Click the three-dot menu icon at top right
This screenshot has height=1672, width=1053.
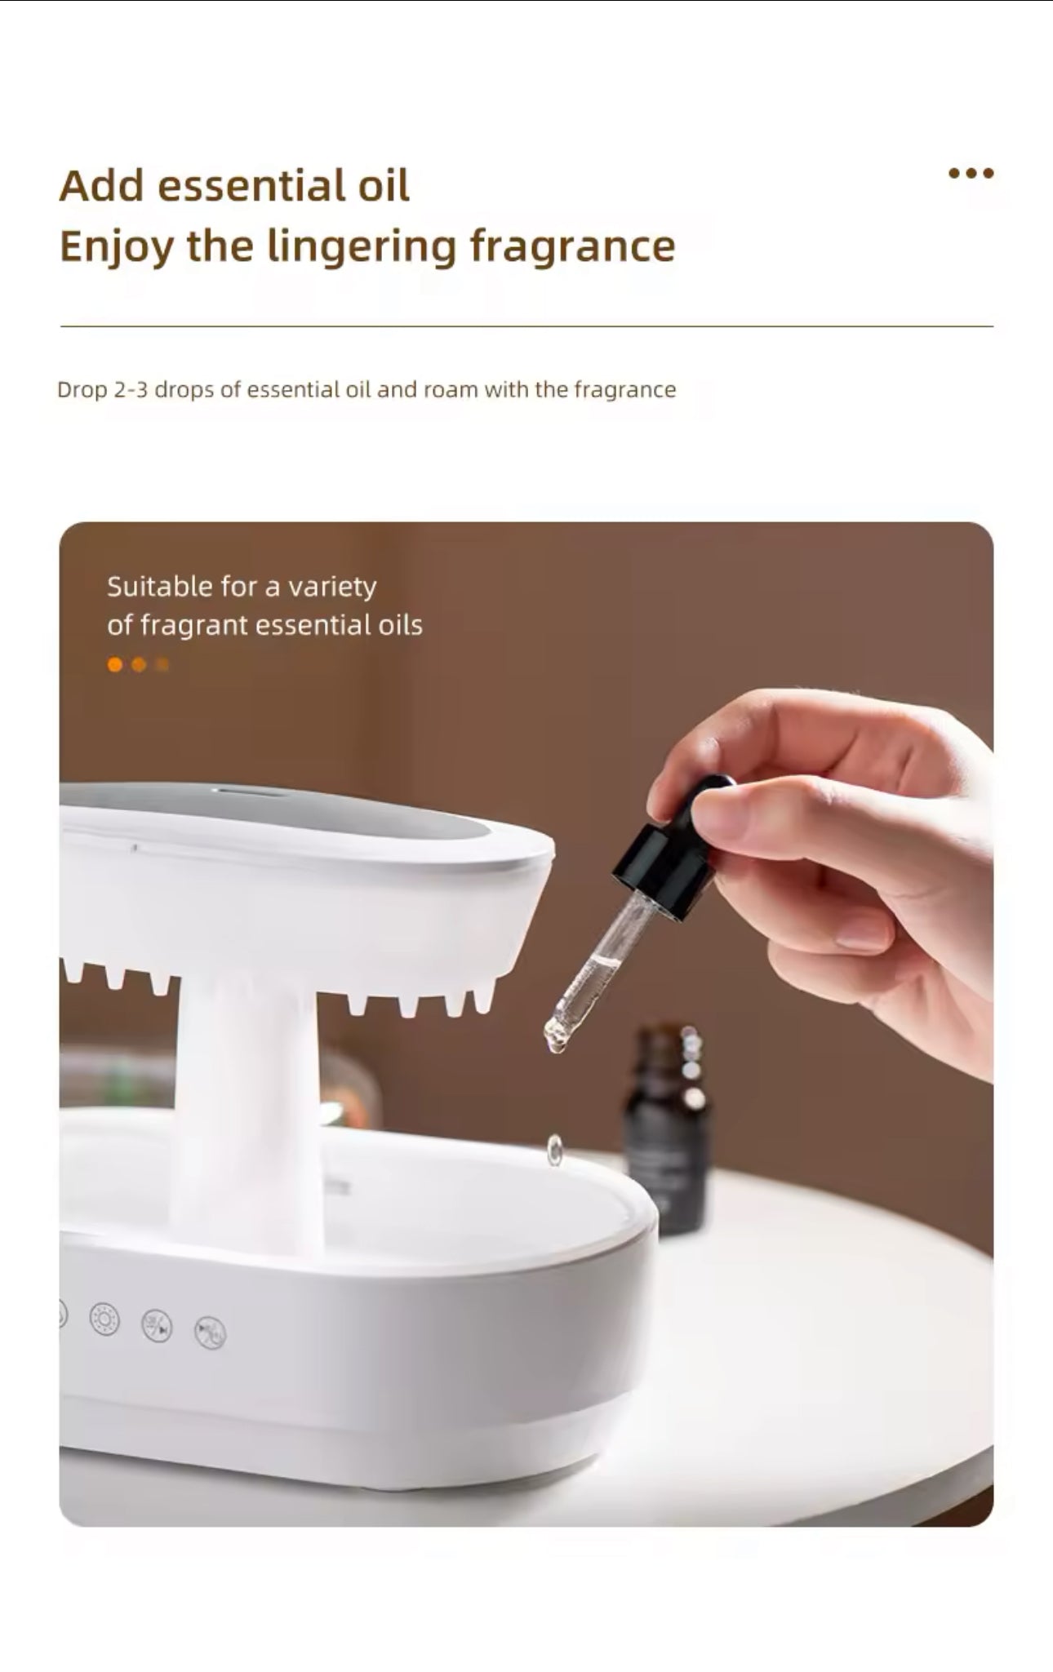click(x=971, y=173)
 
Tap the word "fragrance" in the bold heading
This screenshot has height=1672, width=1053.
click(x=572, y=246)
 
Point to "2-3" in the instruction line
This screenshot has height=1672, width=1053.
click(x=131, y=389)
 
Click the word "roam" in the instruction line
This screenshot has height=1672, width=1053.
click(x=450, y=389)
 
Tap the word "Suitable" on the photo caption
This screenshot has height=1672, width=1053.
click(x=160, y=586)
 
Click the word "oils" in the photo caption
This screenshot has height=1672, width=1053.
click(x=400, y=625)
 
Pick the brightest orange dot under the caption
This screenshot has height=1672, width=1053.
click(x=115, y=665)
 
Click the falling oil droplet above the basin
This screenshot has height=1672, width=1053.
click(x=555, y=1149)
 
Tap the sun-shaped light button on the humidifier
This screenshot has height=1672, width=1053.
click(x=104, y=1319)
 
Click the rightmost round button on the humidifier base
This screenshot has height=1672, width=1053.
click(x=210, y=1333)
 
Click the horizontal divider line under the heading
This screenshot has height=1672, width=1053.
click(x=526, y=326)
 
